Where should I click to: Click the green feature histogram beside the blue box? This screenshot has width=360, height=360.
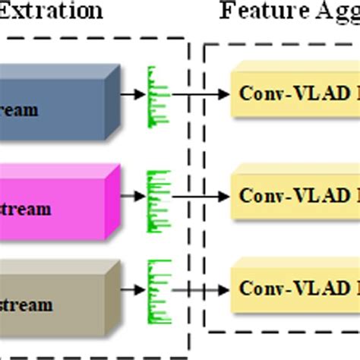click(x=158, y=95)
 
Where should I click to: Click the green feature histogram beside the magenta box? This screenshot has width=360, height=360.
click(x=158, y=194)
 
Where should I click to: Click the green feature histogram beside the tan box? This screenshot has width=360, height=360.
click(x=158, y=289)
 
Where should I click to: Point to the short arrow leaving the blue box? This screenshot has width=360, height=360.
click(x=134, y=95)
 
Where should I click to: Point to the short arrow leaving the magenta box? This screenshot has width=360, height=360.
click(x=134, y=195)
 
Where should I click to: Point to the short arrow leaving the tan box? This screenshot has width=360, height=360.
click(x=134, y=290)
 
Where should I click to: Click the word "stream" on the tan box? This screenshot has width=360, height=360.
click(x=27, y=305)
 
